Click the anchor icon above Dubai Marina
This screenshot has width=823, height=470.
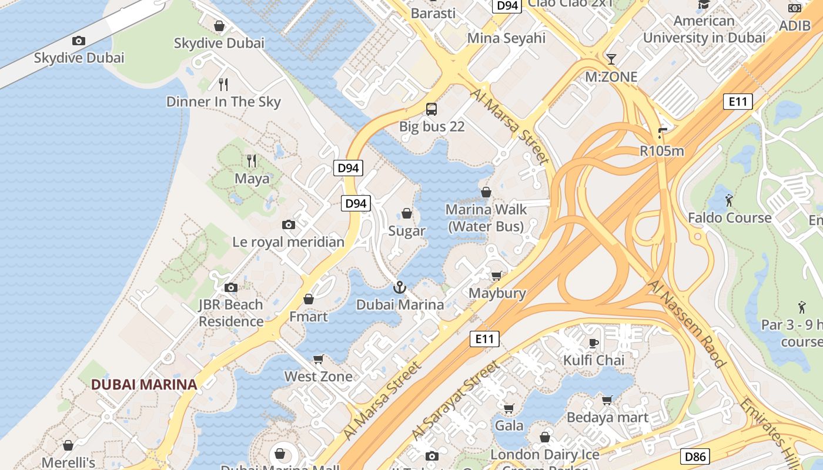[400, 287]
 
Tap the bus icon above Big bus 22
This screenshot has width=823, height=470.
[431, 109]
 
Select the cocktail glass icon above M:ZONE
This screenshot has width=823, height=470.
[611, 59]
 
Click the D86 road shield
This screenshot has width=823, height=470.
[697, 456]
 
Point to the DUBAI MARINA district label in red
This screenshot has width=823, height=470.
[144, 385]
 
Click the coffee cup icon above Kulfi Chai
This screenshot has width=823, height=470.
[594, 343]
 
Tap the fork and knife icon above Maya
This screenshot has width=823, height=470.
[252, 160]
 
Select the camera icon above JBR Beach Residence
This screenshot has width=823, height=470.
[231, 287]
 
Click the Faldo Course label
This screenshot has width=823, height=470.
[730, 218]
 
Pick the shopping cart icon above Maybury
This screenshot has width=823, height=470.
[497, 276]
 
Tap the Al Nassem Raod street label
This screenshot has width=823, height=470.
[687, 324]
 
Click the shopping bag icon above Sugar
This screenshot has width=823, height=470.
[406, 213]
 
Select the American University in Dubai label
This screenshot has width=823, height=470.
[704, 29]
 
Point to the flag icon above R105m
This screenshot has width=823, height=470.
[663, 133]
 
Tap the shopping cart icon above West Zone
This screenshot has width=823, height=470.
[319, 359]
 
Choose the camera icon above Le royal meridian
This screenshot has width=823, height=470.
[288, 224]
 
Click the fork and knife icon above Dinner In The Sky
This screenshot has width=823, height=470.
[223, 84]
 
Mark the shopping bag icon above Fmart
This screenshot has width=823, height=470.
[308, 299]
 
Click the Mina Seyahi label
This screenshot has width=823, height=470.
[506, 38]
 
